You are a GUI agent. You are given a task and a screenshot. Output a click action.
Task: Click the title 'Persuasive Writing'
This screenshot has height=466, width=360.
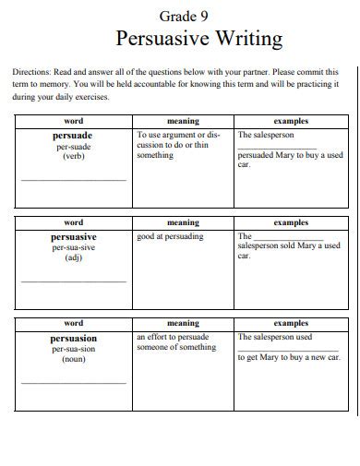198,39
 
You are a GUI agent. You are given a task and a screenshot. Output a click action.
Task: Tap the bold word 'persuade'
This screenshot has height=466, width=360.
73,135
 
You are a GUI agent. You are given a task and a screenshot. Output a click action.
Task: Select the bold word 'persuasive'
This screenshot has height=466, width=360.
73,236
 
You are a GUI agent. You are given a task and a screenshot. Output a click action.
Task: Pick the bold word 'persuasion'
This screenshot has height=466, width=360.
73,339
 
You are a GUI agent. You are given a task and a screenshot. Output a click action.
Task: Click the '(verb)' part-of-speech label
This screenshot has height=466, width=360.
73,157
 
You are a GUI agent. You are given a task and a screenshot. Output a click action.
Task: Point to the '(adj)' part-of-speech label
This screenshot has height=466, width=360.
73,258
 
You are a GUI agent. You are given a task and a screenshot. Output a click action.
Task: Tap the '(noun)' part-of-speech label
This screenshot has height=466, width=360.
73,361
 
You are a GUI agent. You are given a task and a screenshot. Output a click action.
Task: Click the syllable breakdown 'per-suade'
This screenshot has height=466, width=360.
73,147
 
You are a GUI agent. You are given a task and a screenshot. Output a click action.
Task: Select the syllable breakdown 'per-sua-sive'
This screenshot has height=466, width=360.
73,248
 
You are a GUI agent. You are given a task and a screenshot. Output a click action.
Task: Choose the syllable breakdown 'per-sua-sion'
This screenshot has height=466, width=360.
73,350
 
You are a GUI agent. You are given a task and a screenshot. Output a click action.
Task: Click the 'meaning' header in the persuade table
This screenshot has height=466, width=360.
183,121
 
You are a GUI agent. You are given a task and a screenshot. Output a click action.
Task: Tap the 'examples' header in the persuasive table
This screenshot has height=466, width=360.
291,222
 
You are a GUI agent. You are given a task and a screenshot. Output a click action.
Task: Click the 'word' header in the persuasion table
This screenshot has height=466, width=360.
73,324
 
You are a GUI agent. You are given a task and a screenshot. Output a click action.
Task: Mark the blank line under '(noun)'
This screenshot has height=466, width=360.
73,382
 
